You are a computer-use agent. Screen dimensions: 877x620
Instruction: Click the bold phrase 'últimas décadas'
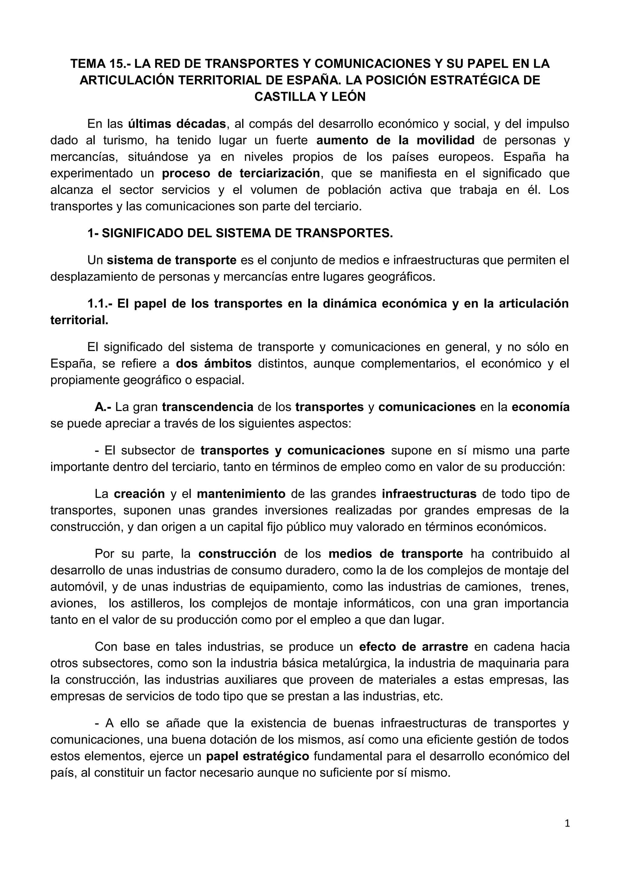177,124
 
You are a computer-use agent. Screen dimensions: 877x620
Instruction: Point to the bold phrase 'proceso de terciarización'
241,173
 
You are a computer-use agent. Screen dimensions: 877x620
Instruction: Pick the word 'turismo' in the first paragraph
125,140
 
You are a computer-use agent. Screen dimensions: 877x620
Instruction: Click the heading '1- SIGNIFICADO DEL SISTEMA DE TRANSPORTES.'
240,233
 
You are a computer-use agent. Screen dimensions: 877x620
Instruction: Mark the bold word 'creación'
140,494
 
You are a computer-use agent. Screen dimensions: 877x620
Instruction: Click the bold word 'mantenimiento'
241,494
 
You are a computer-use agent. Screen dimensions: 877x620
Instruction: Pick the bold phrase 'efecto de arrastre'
414,647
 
